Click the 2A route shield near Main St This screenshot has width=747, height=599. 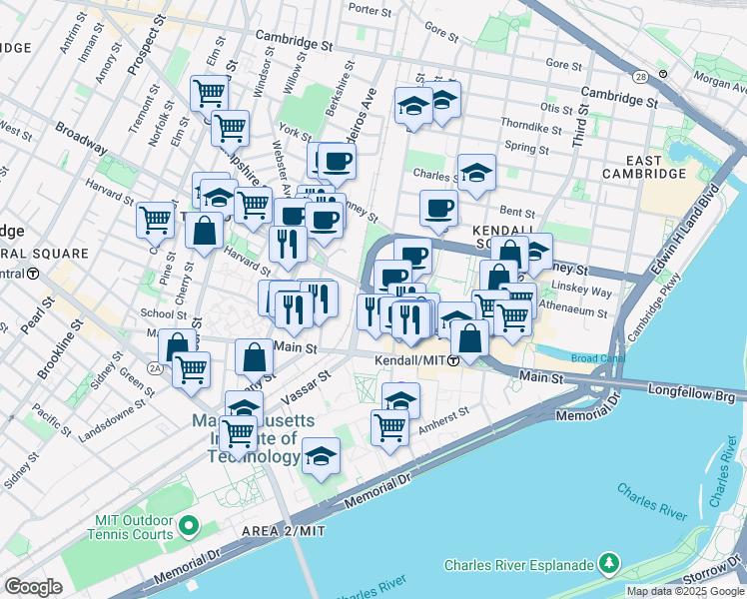[x=155, y=368]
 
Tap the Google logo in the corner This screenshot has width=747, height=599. [x=34, y=587]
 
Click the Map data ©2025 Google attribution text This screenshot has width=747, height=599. [x=684, y=591]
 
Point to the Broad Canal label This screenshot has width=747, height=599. [x=598, y=358]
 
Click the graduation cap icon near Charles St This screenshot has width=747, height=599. [x=476, y=172]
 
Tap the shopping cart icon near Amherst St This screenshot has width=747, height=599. [x=389, y=428]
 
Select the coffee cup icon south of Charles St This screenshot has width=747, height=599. [x=437, y=209]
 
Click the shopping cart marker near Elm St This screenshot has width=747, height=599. [x=230, y=127]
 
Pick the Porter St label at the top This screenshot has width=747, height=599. [x=371, y=10]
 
